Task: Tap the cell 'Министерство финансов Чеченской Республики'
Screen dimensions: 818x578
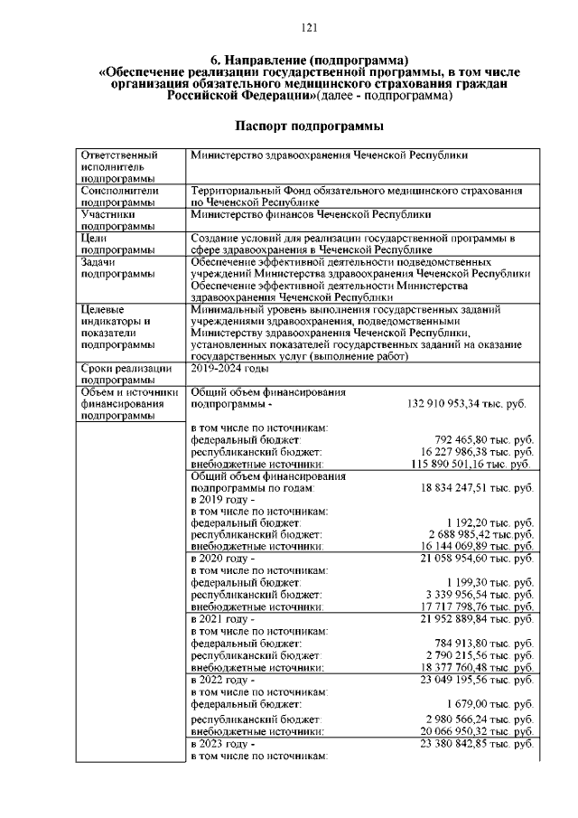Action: pos(311,215)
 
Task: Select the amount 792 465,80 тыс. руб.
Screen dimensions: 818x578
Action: pos(484,439)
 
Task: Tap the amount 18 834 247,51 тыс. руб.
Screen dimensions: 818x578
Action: pos(478,487)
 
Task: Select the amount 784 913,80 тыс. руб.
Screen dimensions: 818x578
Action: pos(484,643)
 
